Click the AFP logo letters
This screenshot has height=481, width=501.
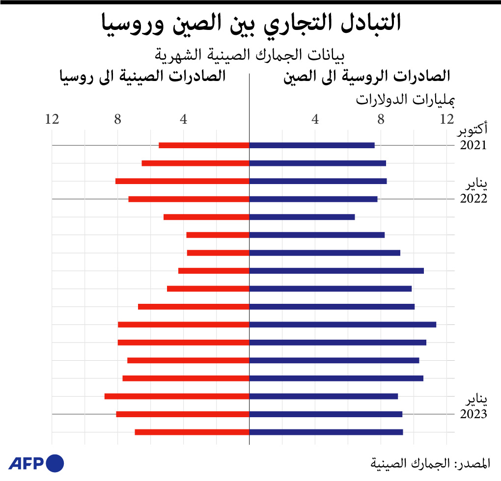pyautogui.click(x=27, y=463)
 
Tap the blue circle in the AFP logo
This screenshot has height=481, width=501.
pyautogui.click(x=55, y=463)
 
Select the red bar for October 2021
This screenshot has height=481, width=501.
pyautogui.click(x=204, y=145)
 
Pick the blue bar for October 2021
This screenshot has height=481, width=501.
pyautogui.click(x=312, y=145)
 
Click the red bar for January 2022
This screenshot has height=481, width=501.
pyautogui.click(x=189, y=199)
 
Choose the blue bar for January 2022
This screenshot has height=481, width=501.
pyautogui.click(x=313, y=199)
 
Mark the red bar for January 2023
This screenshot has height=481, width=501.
pyautogui.click(x=183, y=414)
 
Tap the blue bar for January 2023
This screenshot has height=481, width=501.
pyautogui.click(x=326, y=414)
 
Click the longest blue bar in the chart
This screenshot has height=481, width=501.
pyautogui.click(x=343, y=324)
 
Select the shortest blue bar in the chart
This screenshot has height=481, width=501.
pyautogui.click(x=302, y=217)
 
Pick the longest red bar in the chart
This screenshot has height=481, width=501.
pyautogui.click(x=177, y=396)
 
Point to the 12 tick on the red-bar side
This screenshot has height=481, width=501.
pyautogui.click(x=52, y=119)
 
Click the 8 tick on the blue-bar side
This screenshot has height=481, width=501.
pyautogui.click(x=381, y=119)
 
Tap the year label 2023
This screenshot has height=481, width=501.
pyautogui.click(x=473, y=414)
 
